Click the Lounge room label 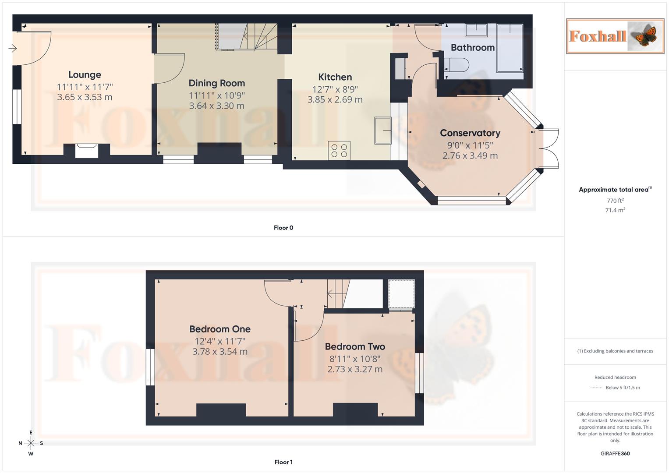[x=85, y=75]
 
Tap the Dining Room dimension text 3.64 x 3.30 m [x=216, y=106]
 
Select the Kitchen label [x=335, y=77]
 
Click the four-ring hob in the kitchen [x=339, y=150]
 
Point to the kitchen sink [x=382, y=131]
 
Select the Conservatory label [x=470, y=133]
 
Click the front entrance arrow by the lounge [x=13, y=48]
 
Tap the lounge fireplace [x=86, y=150]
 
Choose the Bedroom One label [x=219, y=329]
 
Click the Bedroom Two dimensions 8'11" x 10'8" [x=355, y=359]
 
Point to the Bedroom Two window [x=419, y=373]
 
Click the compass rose [x=31, y=443]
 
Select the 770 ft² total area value [x=615, y=201]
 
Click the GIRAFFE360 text [x=615, y=454]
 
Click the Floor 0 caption [x=283, y=228]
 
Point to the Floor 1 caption [x=283, y=462]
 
